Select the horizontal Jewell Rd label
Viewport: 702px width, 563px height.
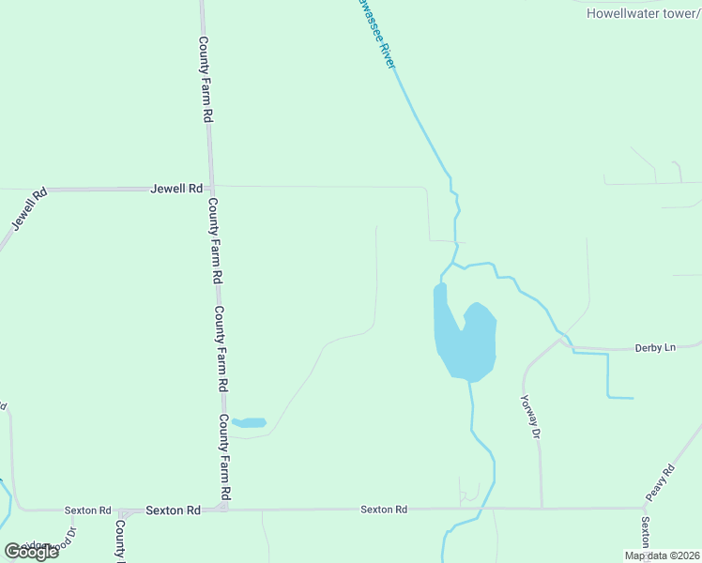176,189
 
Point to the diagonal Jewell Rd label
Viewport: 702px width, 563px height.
28,211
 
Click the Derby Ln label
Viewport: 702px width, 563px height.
655,347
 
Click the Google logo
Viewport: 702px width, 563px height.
31,551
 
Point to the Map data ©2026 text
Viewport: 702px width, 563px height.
662,555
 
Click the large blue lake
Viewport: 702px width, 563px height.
465,342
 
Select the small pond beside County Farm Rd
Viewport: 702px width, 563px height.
250,422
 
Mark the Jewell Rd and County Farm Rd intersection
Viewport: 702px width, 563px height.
211,188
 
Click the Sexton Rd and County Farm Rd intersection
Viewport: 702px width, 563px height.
227,509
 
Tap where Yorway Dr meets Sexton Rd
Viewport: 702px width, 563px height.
542,509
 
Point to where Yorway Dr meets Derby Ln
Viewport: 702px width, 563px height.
560,341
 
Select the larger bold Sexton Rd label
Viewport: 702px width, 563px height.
174,510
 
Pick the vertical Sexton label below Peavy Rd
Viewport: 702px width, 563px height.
645,532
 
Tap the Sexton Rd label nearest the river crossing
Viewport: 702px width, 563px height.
384,510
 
